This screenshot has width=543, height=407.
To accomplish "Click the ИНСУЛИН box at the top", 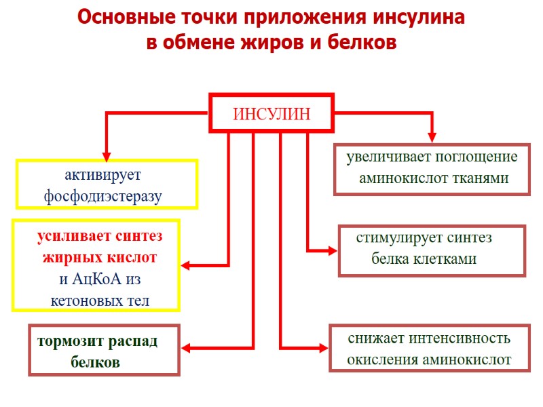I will click(271, 114).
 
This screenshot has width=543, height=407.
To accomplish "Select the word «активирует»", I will click(102, 175).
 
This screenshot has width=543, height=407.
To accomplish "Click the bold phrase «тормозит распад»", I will click(98, 341).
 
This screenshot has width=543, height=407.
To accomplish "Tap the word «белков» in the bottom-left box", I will click(95, 362).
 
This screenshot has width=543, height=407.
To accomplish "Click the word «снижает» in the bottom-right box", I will click(371, 338).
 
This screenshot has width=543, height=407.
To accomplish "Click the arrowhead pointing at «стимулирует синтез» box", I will click(332, 251).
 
